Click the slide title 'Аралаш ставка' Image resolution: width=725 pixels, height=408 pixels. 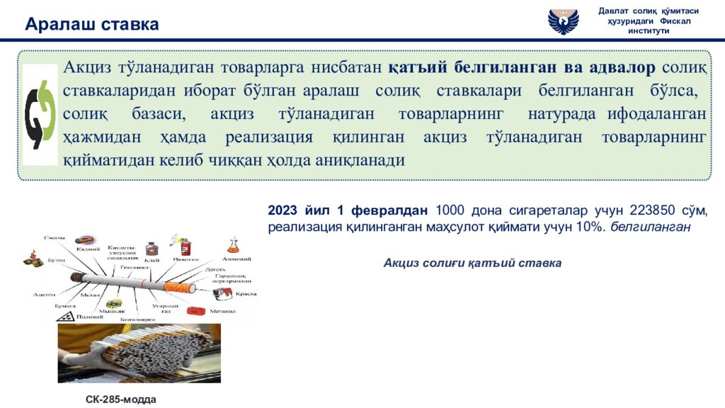(92, 25)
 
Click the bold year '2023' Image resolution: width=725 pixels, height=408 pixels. (284, 211)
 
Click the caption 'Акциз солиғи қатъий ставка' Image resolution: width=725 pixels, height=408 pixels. (472, 263)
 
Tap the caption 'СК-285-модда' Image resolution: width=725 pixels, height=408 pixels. (120, 399)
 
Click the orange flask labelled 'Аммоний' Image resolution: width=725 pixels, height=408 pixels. (234, 246)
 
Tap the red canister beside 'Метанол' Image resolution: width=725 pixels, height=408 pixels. (197, 310)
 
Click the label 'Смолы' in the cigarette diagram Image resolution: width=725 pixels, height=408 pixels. (55, 238)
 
